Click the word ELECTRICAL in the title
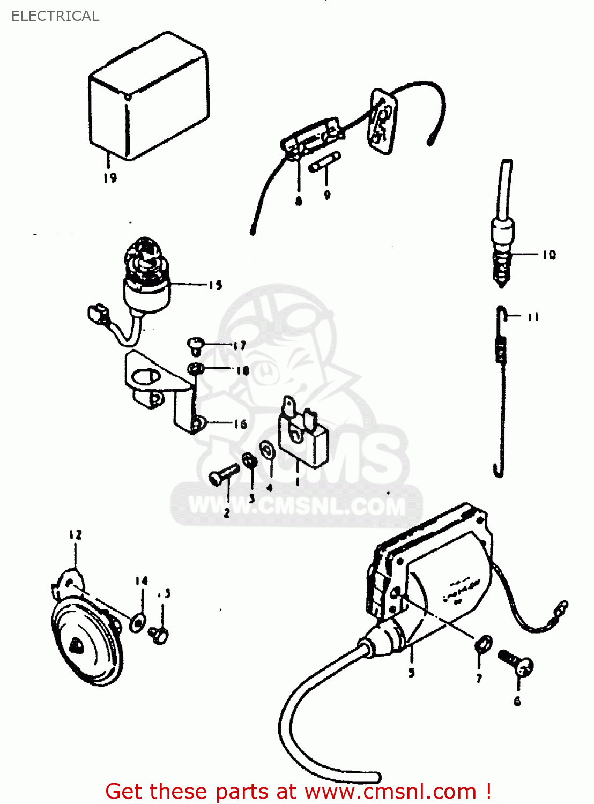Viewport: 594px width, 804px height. click(x=55, y=16)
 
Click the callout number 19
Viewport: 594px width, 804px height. click(x=110, y=178)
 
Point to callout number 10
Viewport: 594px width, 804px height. click(x=549, y=255)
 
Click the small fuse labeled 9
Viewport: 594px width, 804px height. click(x=325, y=162)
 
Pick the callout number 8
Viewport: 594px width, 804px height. click(x=299, y=201)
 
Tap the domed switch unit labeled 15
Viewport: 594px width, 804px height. click(x=146, y=279)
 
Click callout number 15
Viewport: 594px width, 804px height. click(x=216, y=285)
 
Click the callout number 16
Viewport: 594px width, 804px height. click(x=240, y=425)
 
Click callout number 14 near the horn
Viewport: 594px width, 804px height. click(x=142, y=581)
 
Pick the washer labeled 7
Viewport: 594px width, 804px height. click(x=483, y=645)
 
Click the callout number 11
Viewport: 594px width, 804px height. click(x=533, y=317)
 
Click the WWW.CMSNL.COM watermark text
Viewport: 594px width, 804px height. click(x=297, y=506)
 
